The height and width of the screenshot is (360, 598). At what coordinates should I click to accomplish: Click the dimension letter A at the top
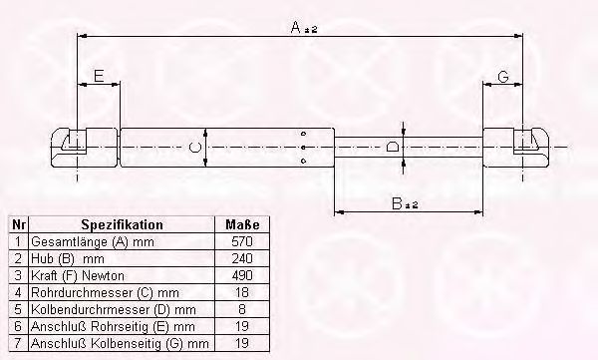(296, 27)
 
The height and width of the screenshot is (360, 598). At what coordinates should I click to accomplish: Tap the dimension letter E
(99, 76)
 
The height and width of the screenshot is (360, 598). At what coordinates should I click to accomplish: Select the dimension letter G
(503, 77)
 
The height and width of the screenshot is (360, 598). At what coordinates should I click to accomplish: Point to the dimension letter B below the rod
(397, 203)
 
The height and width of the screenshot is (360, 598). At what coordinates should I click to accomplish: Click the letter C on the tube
(195, 148)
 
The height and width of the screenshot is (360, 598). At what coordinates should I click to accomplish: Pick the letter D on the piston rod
(393, 147)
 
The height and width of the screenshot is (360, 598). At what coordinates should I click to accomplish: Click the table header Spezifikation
(122, 224)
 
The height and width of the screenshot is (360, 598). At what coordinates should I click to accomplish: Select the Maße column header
(242, 224)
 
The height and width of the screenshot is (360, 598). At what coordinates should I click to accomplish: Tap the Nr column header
(18, 224)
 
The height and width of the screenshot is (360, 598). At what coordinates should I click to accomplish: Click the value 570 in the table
(242, 241)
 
